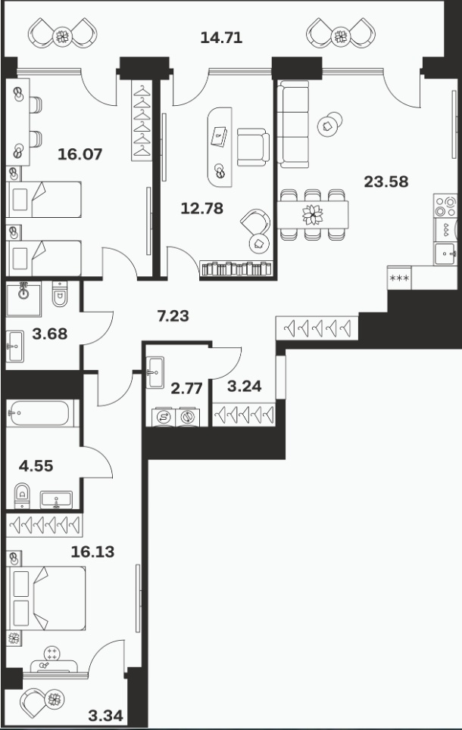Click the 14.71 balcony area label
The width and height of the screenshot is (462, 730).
point(221,37)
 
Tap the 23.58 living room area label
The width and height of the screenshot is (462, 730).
point(386,182)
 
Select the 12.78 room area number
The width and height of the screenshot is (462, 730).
point(202,208)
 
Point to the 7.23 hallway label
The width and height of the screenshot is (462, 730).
point(173,316)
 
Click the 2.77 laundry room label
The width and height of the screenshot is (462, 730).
point(186,388)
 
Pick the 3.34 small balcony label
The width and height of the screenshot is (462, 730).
point(106,716)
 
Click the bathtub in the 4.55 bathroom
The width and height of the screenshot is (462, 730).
point(40,414)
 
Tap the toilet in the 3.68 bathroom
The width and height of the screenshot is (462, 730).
point(60,294)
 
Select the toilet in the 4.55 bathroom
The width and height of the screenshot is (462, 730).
point(22,495)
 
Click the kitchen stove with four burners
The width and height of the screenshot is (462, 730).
point(445,207)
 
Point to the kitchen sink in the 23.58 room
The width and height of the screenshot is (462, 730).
point(445,253)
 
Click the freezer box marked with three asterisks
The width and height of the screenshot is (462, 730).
point(399,278)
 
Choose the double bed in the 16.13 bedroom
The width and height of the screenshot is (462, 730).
point(46,598)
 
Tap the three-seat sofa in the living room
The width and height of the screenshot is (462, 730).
point(293,124)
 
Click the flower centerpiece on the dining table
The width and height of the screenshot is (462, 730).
point(312,215)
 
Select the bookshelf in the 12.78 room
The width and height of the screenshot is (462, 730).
point(236,269)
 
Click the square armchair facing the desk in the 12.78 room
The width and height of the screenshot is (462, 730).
point(253,147)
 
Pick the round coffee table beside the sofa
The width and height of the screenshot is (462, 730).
point(329,124)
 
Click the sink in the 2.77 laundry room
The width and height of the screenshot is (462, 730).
point(155,372)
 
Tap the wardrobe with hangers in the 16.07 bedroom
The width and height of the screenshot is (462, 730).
point(142,121)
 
